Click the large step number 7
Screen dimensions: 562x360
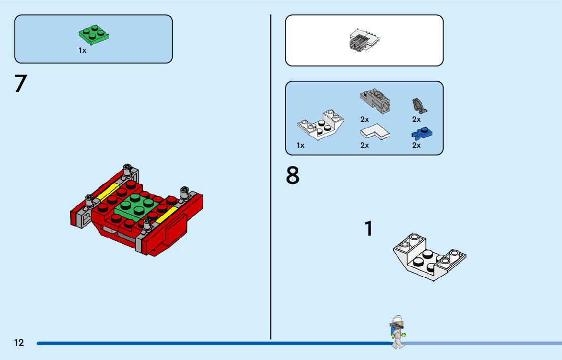pos(20,84)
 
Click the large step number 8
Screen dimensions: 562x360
pos(293,176)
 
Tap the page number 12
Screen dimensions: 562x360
pos(19,343)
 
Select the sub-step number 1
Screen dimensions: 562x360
pos(369,229)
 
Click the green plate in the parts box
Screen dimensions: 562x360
pos(94,34)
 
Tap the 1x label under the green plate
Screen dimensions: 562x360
pos(82,50)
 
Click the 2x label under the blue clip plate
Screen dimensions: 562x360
pos(416,145)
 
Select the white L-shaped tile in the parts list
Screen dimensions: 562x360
pos(374,132)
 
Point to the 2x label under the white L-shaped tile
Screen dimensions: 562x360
pos(364,145)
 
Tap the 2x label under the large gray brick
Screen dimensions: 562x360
pos(364,120)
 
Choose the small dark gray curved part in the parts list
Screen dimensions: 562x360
pos(419,106)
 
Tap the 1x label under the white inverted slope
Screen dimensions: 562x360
pos(300,145)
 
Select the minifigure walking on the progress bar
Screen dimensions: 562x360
pos(397,331)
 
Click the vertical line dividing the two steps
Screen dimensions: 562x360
pos(271,178)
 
